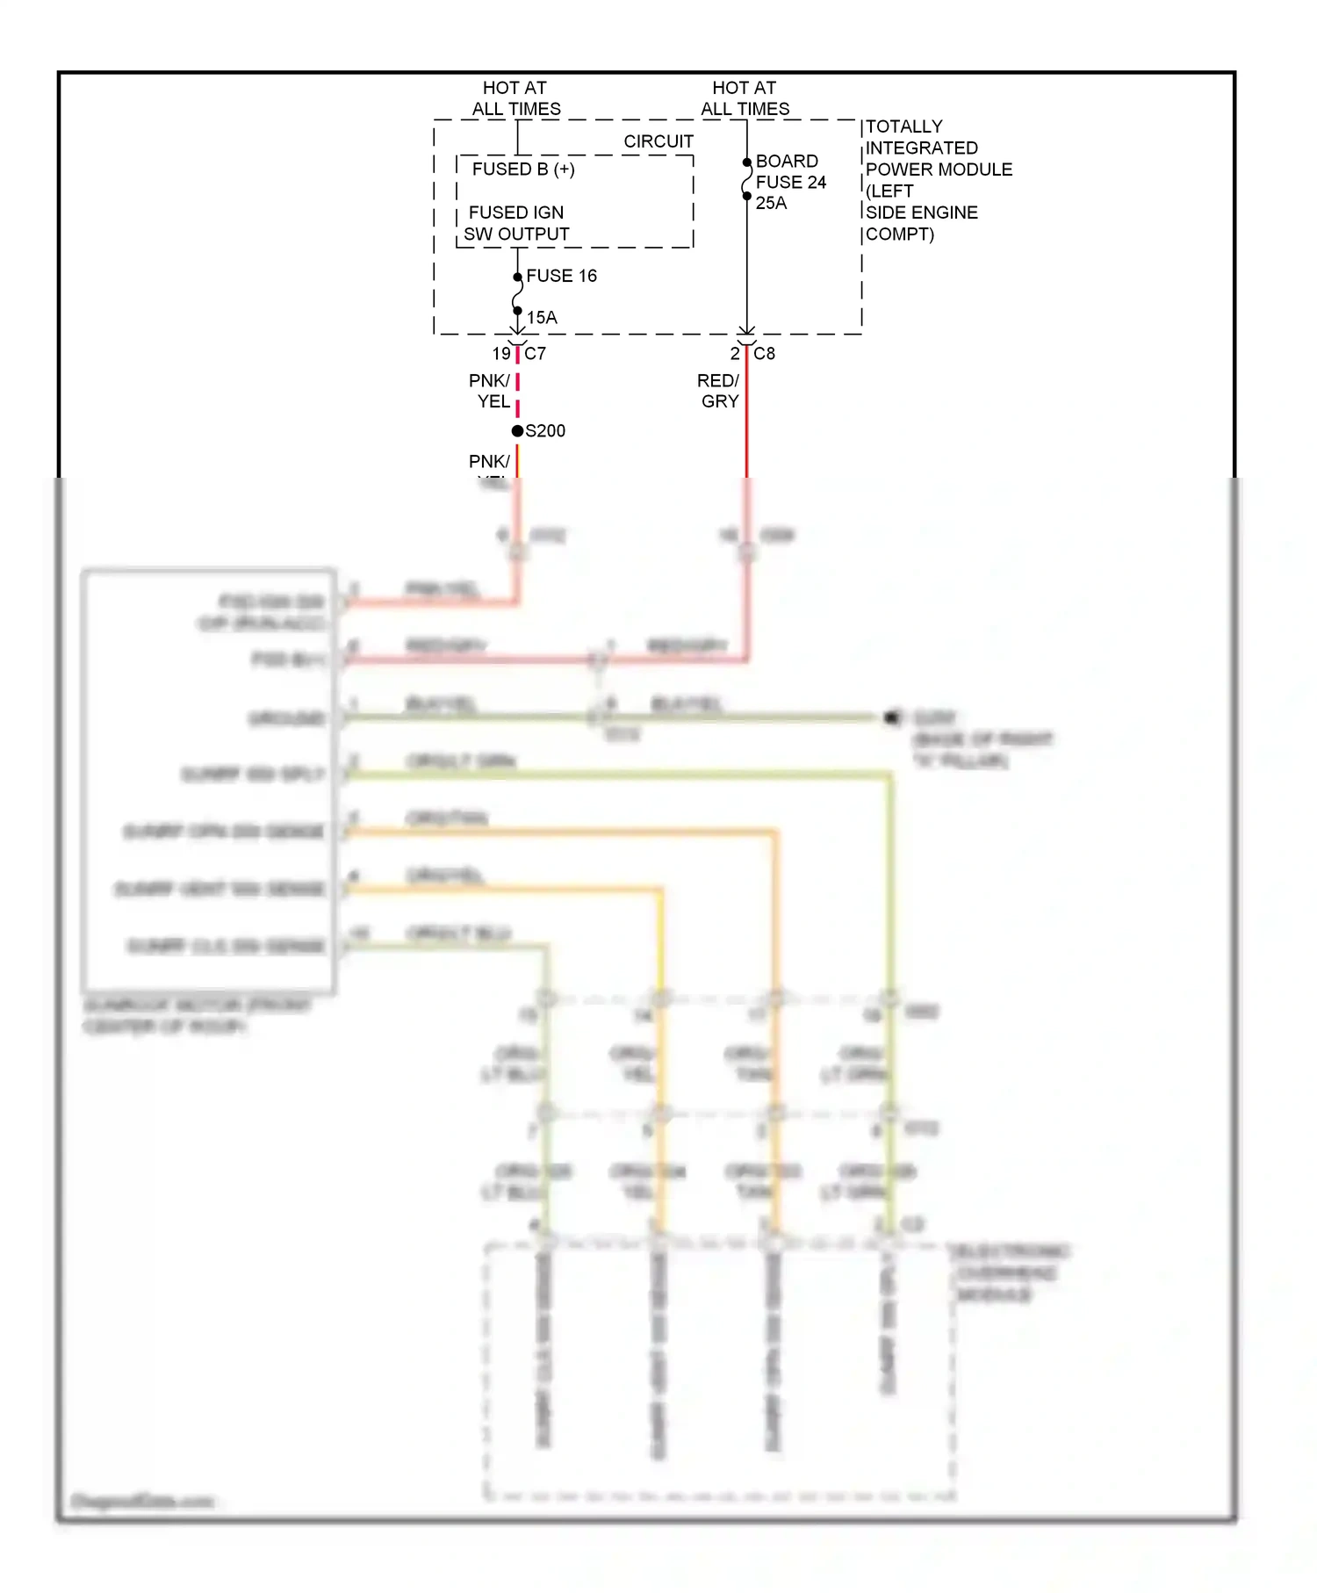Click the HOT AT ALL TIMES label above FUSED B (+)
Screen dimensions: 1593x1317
tap(515, 98)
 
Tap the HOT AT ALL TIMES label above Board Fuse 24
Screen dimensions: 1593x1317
tap(745, 98)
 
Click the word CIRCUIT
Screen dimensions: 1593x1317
tap(658, 141)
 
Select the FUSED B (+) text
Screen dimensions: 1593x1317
tap(523, 169)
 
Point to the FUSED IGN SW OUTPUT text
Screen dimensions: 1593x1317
tap(516, 223)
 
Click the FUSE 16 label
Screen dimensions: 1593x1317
tap(561, 276)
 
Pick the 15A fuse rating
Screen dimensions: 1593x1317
tap(542, 317)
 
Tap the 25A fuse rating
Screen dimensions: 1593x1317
tap(771, 203)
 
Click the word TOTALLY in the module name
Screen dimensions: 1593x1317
tap(903, 126)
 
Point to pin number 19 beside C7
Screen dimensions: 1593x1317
tap(501, 354)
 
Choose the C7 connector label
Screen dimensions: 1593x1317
tap(535, 354)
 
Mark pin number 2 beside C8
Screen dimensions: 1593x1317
tap(735, 354)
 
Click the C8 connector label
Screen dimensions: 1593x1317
tap(764, 354)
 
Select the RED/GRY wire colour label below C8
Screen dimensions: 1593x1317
tap(719, 391)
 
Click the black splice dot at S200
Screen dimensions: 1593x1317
tap(517, 430)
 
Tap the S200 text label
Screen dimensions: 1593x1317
tap(545, 431)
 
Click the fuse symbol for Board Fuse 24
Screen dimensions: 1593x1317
tap(746, 179)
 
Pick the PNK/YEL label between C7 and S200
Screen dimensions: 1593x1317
tap(490, 391)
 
